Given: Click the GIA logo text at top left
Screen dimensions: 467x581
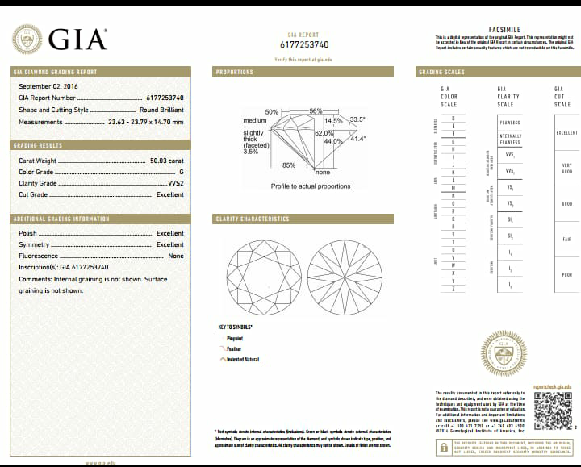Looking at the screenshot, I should (x=77, y=39).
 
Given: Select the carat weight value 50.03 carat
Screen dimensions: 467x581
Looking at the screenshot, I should (x=167, y=161).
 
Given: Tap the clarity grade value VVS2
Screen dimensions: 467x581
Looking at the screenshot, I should (x=175, y=183).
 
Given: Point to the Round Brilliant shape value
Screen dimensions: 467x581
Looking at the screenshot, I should (x=161, y=110).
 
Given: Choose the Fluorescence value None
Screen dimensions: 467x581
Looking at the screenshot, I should (x=175, y=256).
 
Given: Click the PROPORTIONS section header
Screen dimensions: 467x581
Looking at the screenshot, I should (x=236, y=72).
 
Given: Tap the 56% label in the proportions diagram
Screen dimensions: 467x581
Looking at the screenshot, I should (x=316, y=110).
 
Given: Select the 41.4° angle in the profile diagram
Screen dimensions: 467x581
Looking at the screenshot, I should (x=358, y=139).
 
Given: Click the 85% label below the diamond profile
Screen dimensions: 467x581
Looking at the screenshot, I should (x=288, y=165).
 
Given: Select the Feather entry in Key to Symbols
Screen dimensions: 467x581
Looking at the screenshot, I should (x=234, y=348).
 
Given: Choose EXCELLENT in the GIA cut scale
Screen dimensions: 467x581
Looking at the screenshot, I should (x=566, y=133).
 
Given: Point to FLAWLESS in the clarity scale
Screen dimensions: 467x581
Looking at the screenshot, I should (x=509, y=123).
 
